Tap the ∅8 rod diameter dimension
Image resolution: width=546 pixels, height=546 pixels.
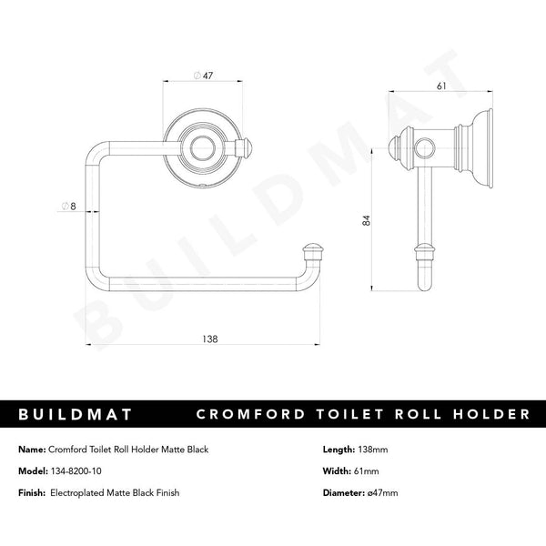[66, 207]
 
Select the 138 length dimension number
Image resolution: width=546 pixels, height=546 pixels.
[210, 339]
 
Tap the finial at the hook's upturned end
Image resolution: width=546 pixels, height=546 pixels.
[312, 248]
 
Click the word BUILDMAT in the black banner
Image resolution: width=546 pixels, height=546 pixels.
[76, 414]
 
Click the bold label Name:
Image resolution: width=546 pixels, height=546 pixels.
[31, 449]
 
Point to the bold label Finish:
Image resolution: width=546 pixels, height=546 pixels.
[33, 492]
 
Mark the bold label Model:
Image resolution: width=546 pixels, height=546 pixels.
[33, 470]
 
